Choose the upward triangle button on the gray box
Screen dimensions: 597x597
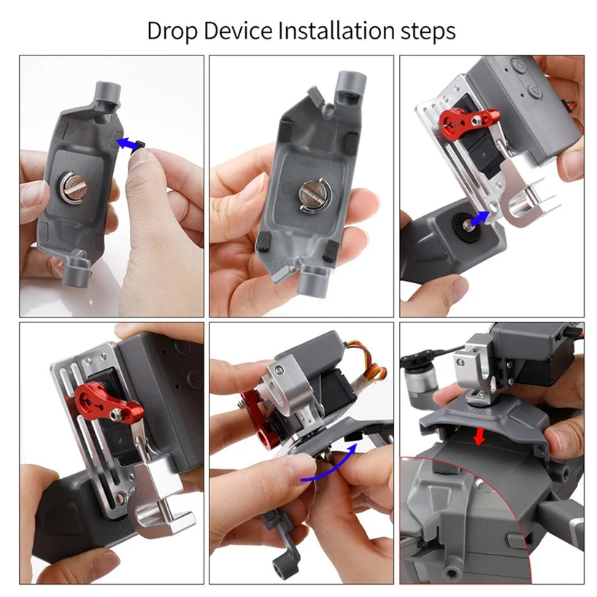click(516, 68)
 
